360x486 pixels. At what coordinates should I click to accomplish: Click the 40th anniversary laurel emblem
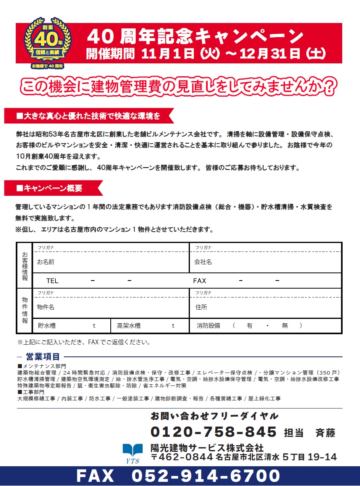(48, 42)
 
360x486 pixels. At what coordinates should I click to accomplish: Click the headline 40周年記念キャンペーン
(195, 37)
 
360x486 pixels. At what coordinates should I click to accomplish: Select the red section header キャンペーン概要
(53, 188)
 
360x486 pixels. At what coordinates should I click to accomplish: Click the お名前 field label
(46, 262)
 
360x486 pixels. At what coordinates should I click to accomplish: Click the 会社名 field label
(203, 262)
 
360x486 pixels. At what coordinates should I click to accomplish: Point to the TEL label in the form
(52, 281)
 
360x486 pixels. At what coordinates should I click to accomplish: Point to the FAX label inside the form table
(200, 281)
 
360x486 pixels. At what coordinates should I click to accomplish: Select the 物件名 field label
(46, 307)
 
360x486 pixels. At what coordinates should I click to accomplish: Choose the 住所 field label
(201, 307)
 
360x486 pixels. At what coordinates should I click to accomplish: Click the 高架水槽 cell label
(128, 325)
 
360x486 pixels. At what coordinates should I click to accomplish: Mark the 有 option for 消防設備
(250, 325)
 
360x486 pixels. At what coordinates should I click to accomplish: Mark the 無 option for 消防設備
(285, 325)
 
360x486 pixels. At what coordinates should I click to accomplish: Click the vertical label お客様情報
(25, 266)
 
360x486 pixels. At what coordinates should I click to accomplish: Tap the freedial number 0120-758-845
(214, 432)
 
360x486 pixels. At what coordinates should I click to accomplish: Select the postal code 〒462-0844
(182, 457)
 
